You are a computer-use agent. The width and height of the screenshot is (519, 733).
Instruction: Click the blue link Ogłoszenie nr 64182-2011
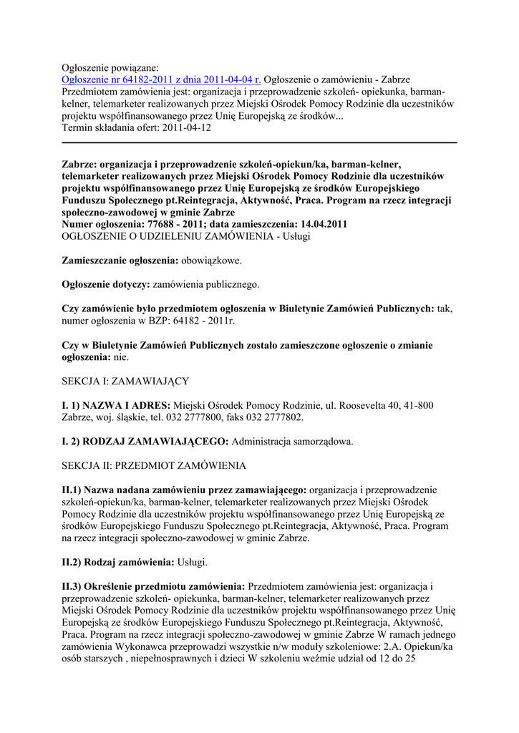click(x=162, y=79)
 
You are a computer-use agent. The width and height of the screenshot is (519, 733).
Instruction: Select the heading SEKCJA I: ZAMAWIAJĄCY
click(x=125, y=382)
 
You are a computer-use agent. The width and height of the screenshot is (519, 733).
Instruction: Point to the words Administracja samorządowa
click(x=292, y=441)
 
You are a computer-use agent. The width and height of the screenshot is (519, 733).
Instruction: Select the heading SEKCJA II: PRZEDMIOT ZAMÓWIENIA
click(x=154, y=465)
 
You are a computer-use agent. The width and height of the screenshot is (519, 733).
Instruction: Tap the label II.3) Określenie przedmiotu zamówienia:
click(x=154, y=586)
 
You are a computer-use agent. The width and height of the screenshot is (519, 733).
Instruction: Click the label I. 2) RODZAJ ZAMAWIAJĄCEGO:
click(x=145, y=441)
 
